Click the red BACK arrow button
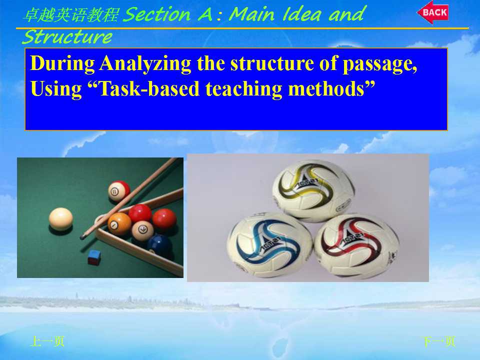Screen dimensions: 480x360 (x=433, y=12)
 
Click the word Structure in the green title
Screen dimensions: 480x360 (x=67, y=37)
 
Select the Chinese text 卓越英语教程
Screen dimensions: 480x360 (x=70, y=15)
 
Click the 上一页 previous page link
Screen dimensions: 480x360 (x=47, y=341)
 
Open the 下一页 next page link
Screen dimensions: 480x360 (x=438, y=341)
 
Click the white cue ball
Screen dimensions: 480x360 (x=61, y=219)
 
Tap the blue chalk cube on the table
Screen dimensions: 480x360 (x=94, y=257)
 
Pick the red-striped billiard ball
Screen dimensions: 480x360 (x=119, y=190)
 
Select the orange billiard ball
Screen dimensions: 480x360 (x=119, y=224)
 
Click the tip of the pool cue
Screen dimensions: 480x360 (x=81, y=237)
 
